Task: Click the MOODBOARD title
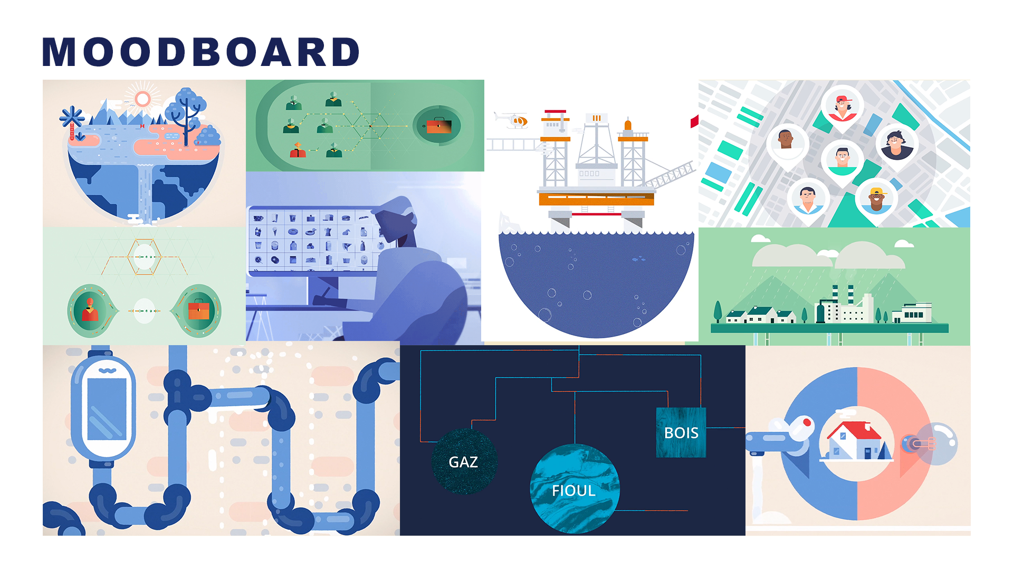[x=200, y=52]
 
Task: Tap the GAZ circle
[x=464, y=462]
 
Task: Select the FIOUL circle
[x=574, y=489]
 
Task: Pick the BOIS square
[x=681, y=432]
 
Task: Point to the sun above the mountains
[x=142, y=99]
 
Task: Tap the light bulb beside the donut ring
[x=936, y=443]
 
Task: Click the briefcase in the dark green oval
[x=438, y=126]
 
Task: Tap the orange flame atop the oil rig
[x=628, y=125]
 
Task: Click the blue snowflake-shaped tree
[x=72, y=117]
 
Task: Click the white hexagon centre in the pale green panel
[x=144, y=257]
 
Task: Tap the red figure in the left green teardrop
[x=90, y=310]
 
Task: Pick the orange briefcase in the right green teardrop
[x=199, y=310]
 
